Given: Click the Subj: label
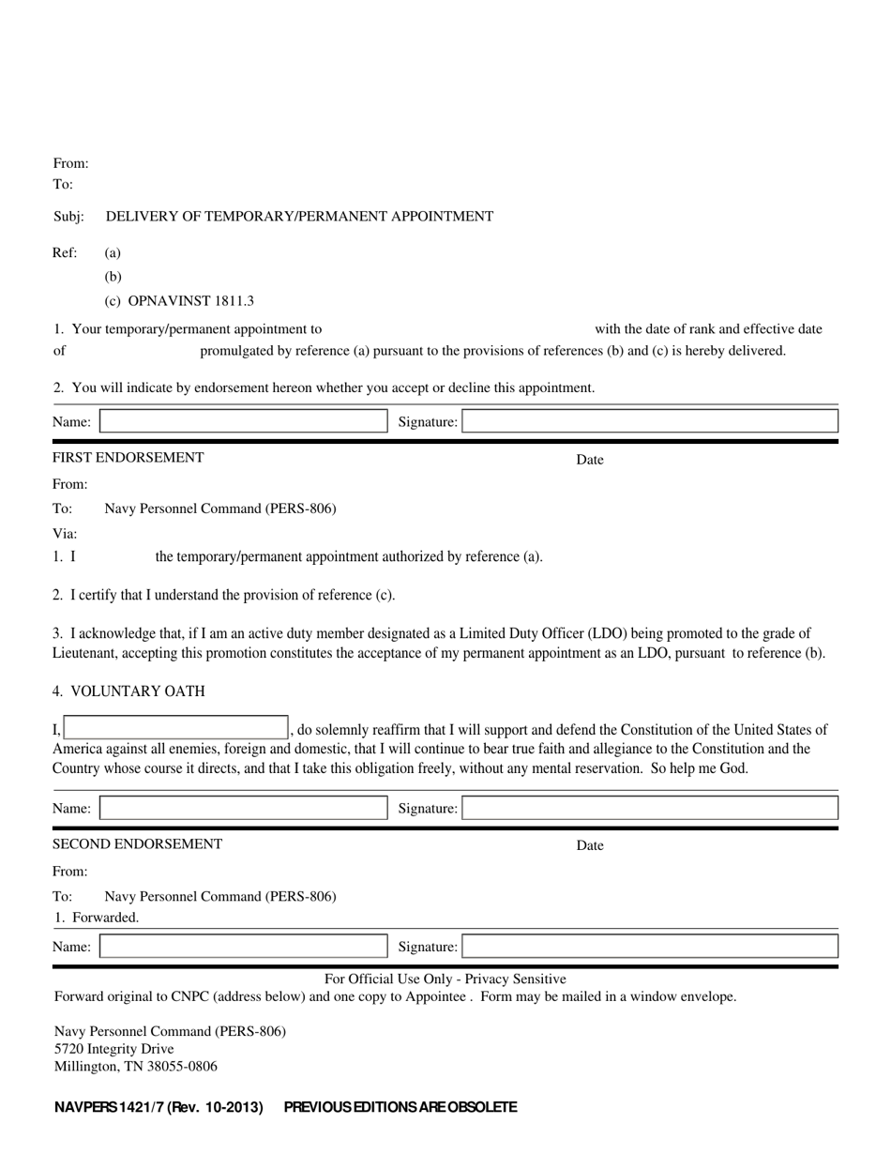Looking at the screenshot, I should pyautogui.click(x=68, y=217).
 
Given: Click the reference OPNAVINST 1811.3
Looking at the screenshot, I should pyautogui.click(x=190, y=301).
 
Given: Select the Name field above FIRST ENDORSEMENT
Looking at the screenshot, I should pyautogui.click(x=243, y=422).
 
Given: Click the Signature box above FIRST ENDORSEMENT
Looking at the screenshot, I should pyautogui.click(x=650, y=422).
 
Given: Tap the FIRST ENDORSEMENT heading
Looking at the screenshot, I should pyautogui.click(x=128, y=458).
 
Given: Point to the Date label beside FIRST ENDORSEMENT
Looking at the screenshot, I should pyautogui.click(x=590, y=460).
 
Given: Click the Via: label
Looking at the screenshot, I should pyautogui.click(x=65, y=533).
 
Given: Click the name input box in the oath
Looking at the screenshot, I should pyautogui.click(x=175, y=729).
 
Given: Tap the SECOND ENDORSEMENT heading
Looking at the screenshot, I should pyautogui.click(x=137, y=844).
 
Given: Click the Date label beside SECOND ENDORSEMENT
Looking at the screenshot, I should pyautogui.click(x=590, y=845).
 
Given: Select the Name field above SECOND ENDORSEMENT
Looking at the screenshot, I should pyautogui.click(x=243, y=808).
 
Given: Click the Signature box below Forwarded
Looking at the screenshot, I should pyautogui.click(x=650, y=947).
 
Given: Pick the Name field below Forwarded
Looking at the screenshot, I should pyautogui.click(x=243, y=947).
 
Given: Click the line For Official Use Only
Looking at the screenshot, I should pyautogui.click(x=445, y=979).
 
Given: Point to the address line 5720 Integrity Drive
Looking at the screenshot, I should pyautogui.click(x=113, y=1049).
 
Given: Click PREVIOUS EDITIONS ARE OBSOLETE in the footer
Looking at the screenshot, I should pyautogui.click(x=400, y=1107).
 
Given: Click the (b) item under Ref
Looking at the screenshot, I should pyautogui.click(x=113, y=277).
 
